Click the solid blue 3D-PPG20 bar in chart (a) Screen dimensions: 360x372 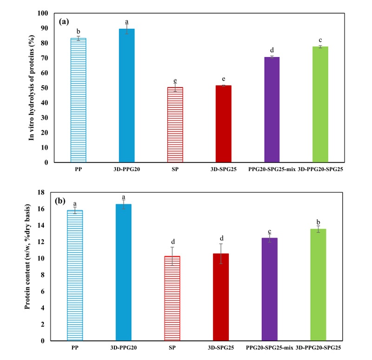pyautogui.click(x=126, y=95)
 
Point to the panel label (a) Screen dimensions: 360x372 pyautogui.click(x=65, y=21)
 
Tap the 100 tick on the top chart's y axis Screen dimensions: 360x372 pyautogui.click(x=44, y=13)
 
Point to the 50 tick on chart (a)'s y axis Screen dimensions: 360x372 pyautogui.click(x=46, y=88)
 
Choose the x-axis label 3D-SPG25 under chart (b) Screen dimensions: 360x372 pyautogui.click(x=221, y=347)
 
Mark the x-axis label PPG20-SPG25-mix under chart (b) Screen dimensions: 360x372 pyautogui.click(x=268, y=347)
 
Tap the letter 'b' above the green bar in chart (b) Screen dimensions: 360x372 pyautogui.click(x=319, y=221)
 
